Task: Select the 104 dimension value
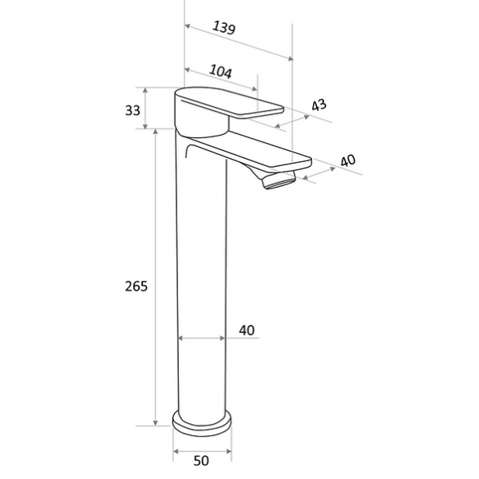[220, 72]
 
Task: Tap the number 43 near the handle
[319, 105]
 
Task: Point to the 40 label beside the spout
[347, 160]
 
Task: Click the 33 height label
[133, 109]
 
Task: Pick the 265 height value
[136, 286]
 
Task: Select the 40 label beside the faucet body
[247, 330]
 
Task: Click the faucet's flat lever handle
[232, 105]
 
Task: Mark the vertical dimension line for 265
[157, 279]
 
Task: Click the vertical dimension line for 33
[147, 108]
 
